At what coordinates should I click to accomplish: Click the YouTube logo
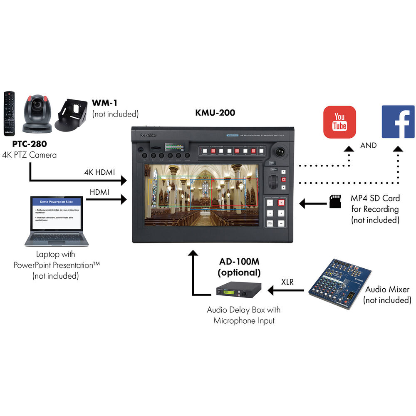coord(340,122)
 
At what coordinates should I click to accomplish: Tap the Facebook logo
coord(398,122)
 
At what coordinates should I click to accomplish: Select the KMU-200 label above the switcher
coord(215,113)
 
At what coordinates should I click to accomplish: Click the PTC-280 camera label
coord(29,145)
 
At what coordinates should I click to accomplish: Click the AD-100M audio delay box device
coord(238,290)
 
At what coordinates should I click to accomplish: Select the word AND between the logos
coord(369,146)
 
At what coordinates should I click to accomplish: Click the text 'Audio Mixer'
coord(386,290)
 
